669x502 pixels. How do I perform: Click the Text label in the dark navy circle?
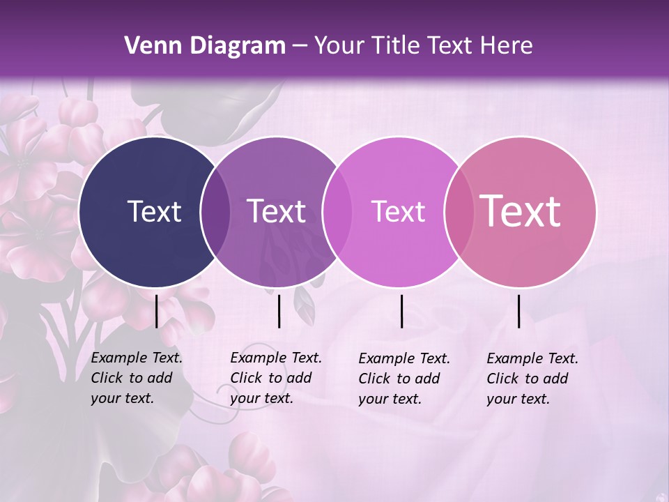pos(154,211)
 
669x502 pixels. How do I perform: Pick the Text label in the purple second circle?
pos(277,211)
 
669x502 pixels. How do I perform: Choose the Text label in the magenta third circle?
pos(398,211)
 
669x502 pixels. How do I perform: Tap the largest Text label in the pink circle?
pos(521,211)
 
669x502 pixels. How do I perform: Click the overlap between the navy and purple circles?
pos(215,212)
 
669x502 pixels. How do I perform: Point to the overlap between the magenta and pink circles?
pos(457,212)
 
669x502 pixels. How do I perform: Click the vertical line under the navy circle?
pos(157,311)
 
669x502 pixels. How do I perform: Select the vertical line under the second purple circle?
pos(279,311)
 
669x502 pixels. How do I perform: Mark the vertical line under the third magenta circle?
pos(402,311)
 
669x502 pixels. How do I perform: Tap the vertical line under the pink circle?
pos(519,311)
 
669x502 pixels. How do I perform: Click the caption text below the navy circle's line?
pos(137,378)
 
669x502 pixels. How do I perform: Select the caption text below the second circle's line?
pos(276,378)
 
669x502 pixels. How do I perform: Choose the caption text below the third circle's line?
pos(404,379)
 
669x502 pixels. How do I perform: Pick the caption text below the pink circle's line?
pos(532,379)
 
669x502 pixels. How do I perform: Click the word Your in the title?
pos(339,46)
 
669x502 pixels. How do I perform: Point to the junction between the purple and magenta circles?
pos(337,212)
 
